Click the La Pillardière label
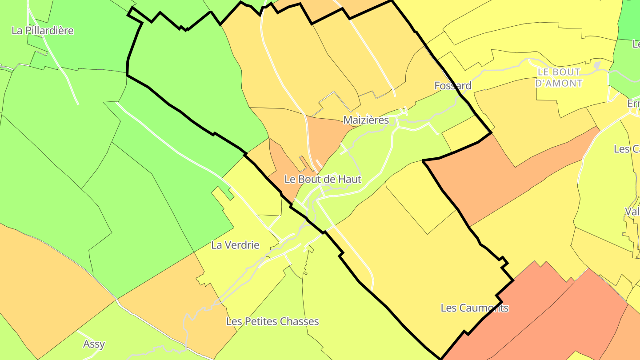43,31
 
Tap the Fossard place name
452,85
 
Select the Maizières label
366,120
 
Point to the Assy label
94,344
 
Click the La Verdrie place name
235,245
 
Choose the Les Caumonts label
474,308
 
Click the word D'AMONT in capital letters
559,83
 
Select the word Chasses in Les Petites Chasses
300,321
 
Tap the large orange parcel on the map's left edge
40,284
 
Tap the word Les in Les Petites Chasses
234,321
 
